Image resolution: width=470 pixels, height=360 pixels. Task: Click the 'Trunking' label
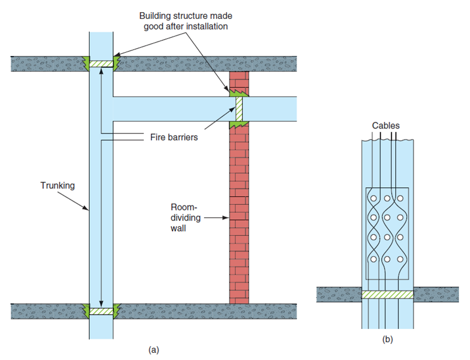pos(57,186)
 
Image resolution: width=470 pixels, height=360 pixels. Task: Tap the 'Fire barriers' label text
pos(173,136)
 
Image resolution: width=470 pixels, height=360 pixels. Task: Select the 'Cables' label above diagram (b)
pos(385,126)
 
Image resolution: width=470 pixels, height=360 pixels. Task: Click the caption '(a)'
pos(154,349)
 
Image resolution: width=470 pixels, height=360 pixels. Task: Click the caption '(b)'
pos(387,339)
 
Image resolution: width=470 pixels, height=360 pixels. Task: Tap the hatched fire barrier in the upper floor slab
pos(101,64)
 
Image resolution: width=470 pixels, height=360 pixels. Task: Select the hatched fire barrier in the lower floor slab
pos(101,311)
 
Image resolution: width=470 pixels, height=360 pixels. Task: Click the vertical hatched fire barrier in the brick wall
pos(239,109)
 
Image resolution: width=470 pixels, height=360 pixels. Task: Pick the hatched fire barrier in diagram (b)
pos(387,295)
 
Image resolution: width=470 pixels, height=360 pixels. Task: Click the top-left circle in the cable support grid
pos(374,198)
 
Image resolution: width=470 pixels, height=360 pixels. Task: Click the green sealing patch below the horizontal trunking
pos(239,125)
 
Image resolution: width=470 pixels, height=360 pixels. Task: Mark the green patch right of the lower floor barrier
pos(116,308)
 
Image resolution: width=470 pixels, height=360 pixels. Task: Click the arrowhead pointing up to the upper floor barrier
pos(101,71)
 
